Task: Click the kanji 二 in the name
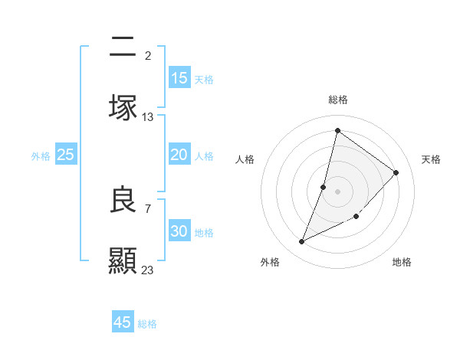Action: (x=123, y=47)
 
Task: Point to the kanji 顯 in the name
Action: (x=123, y=260)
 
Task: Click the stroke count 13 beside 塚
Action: (x=148, y=117)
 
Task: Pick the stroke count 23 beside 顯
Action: (x=148, y=270)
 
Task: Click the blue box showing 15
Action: (x=179, y=78)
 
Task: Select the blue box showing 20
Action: (x=179, y=155)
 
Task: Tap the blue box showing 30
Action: (x=179, y=231)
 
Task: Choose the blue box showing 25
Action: (x=66, y=155)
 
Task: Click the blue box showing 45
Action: (x=123, y=322)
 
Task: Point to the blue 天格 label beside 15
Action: (x=204, y=79)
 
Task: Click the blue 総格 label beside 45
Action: (x=147, y=324)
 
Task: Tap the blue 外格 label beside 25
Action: (x=41, y=155)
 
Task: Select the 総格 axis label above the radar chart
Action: (x=338, y=100)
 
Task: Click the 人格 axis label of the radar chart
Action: (x=245, y=159)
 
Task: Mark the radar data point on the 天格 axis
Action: (x=396, y=172)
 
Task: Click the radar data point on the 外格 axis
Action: (x=302, y=242)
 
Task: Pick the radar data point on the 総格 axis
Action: (x=337, y=130)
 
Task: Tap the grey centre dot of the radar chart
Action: (x=337, y=191)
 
